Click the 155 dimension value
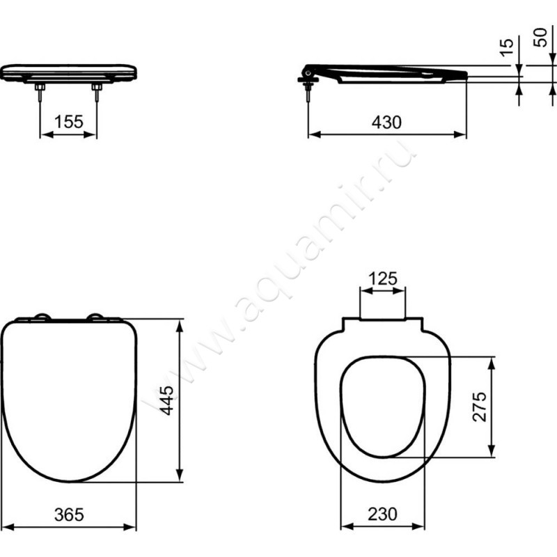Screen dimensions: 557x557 pos(69,122)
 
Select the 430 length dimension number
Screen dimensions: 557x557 pos(386,123)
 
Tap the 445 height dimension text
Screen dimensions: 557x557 pos(166,400)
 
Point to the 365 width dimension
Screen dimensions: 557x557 pos(69,515)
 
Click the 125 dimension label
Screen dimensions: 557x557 pos(382,279)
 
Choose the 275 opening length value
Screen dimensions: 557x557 pos(480,407)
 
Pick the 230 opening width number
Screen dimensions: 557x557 pos(382,514)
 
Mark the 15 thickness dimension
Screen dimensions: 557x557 pos(507,47)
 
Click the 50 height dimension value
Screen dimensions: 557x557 pos(540,38)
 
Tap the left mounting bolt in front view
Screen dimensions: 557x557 pos(40,93)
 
